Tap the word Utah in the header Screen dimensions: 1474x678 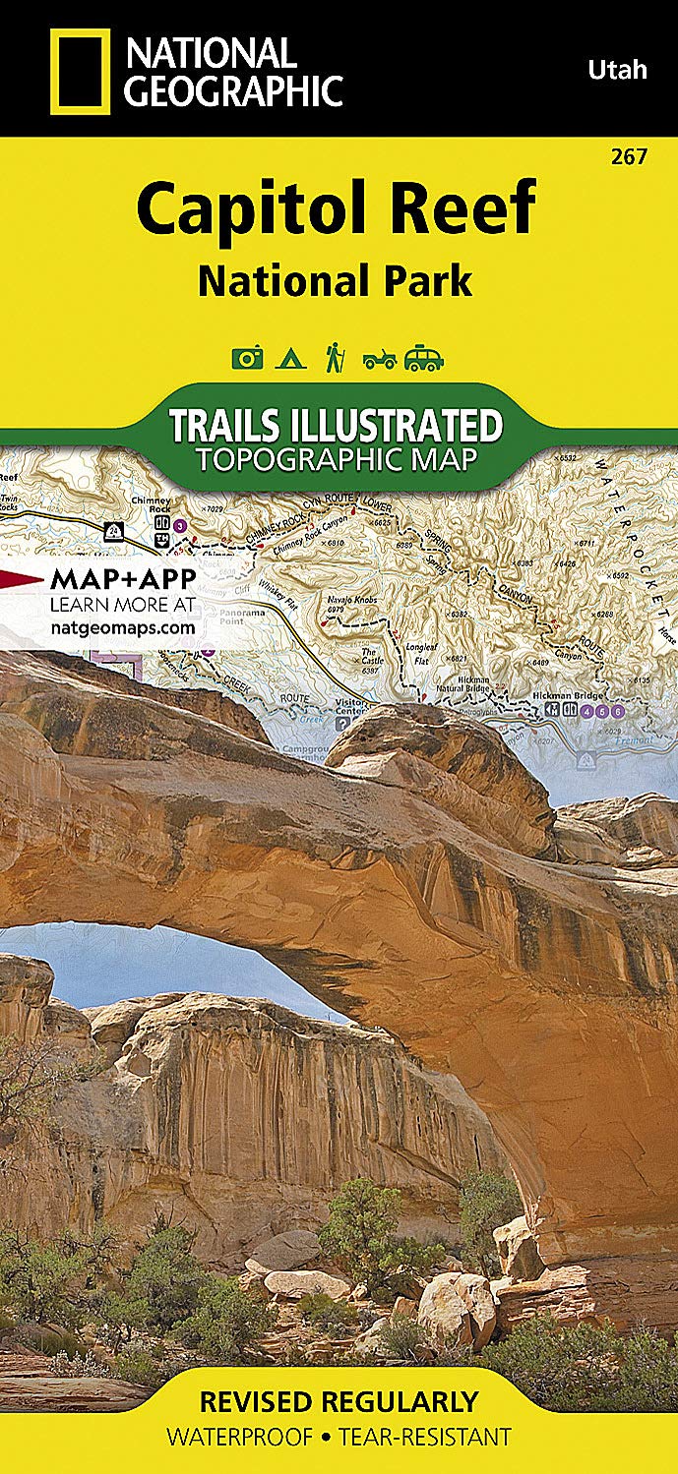click(617, 69)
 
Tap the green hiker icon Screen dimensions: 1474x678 click(334, 357)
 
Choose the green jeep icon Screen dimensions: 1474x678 click(379, 359)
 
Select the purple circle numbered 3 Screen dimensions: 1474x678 click(179, 526)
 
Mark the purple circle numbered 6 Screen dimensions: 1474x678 click(617, 711)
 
